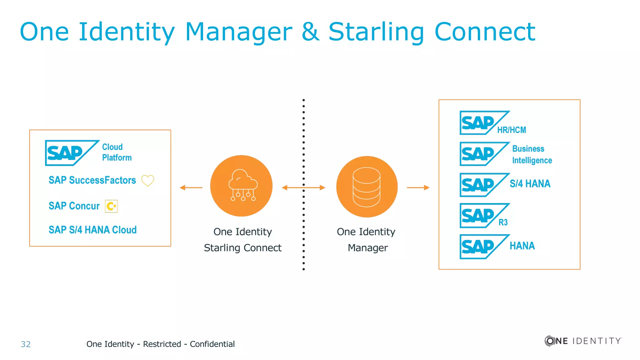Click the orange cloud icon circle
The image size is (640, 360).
pos(241,186)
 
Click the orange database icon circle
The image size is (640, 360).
pos(367,187)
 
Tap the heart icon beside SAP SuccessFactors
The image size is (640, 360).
pos(147,180)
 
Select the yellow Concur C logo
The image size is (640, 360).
pos(111,206)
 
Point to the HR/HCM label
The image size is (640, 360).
pos(512,130)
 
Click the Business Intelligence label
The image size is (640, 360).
pos(532,155)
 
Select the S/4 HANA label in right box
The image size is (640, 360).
pos(530,184)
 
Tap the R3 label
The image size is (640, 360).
pos(503,222)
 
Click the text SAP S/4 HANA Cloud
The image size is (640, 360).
pos(92,230)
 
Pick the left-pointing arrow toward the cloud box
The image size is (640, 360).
pos(191,187)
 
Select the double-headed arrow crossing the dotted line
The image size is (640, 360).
pos(303,187)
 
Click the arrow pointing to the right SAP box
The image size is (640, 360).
pos(418,187)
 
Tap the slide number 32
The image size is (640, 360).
pos(26,344)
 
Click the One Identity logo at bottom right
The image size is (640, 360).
pos(583,341)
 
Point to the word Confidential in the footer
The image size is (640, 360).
pos(212,344)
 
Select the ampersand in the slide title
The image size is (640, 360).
pos(310,32)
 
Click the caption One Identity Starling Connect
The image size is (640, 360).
pos(242,240)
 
